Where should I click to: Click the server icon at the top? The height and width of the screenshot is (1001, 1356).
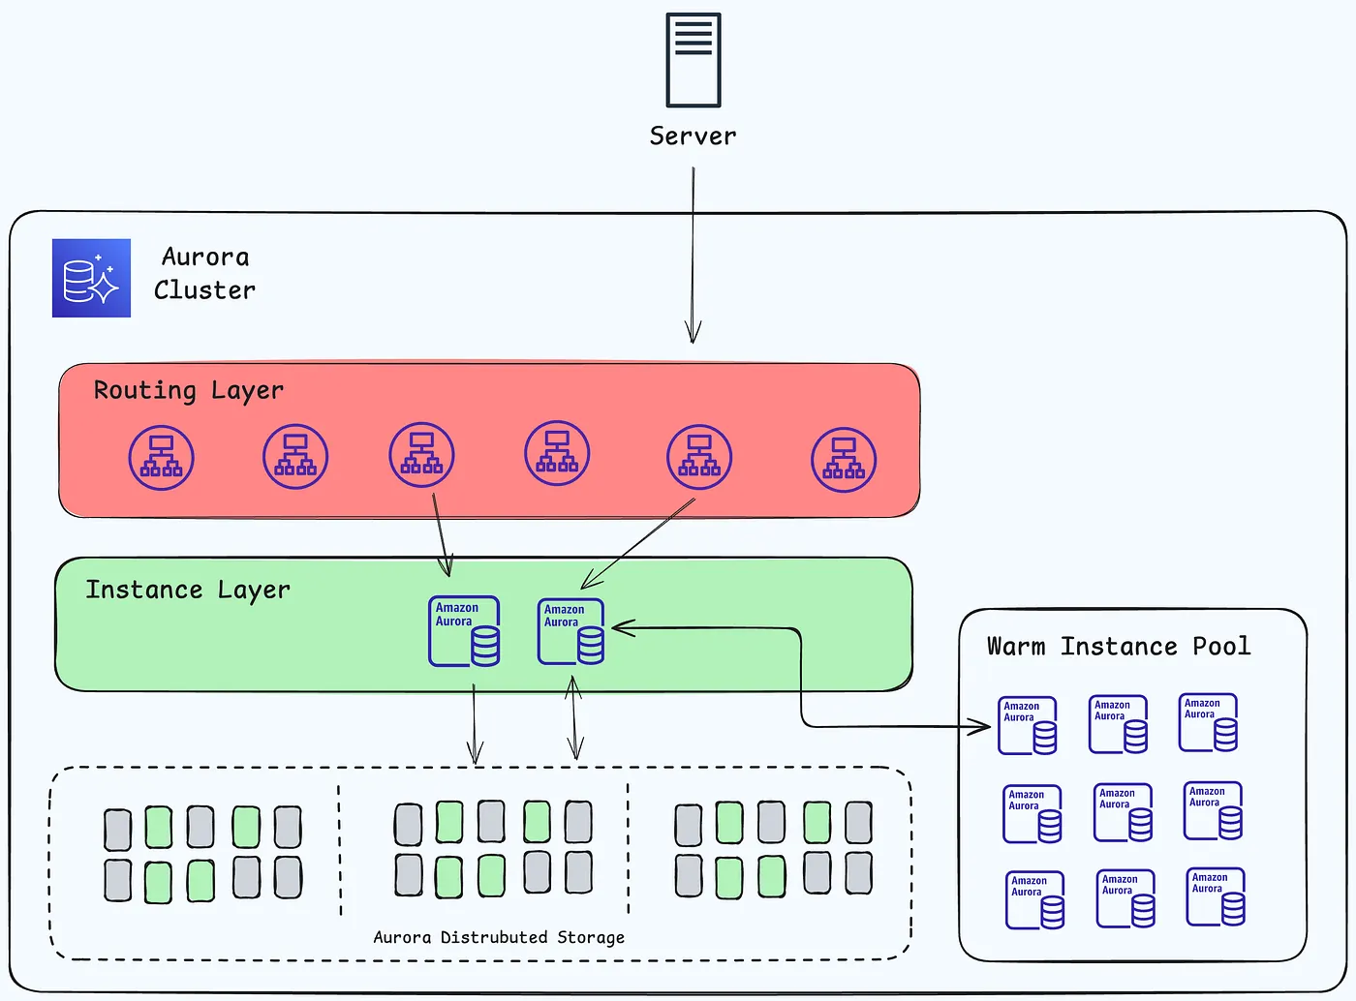pyautogui.click(x=693, y=60)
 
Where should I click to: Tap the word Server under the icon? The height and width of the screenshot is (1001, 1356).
pyautogui.click(x=693, y=136)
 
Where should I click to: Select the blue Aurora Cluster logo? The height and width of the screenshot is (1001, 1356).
pyautogui.click(x=91, y=278)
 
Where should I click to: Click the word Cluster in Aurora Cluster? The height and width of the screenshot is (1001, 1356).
pyautogui.click(x=204, y=290)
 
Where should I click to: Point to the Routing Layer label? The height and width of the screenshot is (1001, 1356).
pyautogui.click(x=188, y=390)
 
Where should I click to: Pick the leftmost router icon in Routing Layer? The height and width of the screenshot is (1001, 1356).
pyautogui.click(x=162, y=457)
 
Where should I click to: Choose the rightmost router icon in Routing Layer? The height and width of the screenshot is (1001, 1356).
pyautogui.click(x=844, y=460)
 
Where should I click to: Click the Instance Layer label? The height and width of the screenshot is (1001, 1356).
pyautogui.click(x=187, y=590)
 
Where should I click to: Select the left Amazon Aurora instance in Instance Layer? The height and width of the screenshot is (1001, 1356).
pyautogui.click(x=465, y=631)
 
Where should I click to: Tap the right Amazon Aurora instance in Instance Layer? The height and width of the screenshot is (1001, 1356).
pyautogui.click(x=571, y=631)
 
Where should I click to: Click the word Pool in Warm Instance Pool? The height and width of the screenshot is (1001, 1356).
pyautogui.click(x=1221, y=647)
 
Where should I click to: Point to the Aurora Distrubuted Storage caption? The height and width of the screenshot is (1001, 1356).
pyautogui.click(x=499, y=937)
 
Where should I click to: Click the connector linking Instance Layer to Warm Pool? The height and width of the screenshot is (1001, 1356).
pyautogui.click(x=802, y=678)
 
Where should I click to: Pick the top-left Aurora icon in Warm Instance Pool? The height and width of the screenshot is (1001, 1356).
pyautogui.click(x=1028, y=725)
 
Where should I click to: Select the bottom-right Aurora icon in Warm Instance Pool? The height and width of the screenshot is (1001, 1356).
pyautogui.click(x=1216, y=896)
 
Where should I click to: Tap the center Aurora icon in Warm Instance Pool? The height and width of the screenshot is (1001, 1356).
pyautogui.click(x=1123, y=812)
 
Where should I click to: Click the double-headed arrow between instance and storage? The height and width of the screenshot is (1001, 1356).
pyautogui.click(x=574, y=717)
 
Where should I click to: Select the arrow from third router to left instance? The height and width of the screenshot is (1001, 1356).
pyautogui.click(x=440, y=533)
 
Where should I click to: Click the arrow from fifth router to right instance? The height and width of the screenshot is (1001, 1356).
pyautogui.click(x=638, y=543)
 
